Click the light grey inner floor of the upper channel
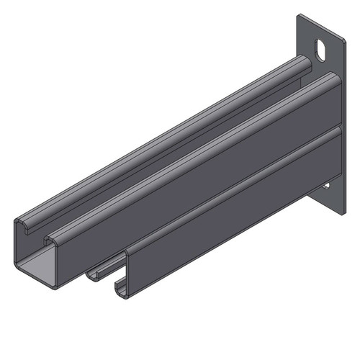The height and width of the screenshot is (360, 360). tap(32, 267)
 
